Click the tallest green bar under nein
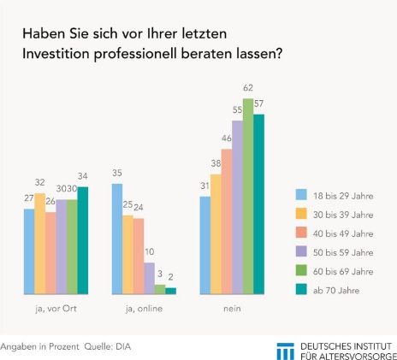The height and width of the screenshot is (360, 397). coord(248,197)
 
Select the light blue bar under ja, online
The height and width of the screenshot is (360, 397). coord(117,239)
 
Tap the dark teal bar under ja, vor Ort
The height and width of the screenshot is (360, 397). coord(83,240)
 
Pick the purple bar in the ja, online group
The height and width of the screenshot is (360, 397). coord(149,279)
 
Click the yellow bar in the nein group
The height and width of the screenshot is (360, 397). coord(216,234)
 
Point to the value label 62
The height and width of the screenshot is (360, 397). coord(248,88)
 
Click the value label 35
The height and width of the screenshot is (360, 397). coord(117,173)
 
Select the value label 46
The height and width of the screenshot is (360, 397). coord(227,139)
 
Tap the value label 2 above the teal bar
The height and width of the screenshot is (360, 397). coord(170,277)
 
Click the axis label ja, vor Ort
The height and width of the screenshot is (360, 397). coord(56,309)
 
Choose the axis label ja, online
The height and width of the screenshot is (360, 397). coord(144,309)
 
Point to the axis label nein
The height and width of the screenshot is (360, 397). coord(232,309)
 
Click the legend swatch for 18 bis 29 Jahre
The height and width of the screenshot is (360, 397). coord(301,195)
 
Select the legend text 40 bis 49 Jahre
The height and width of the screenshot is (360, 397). coord(343,233)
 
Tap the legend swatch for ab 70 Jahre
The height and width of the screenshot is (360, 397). coord(301,289)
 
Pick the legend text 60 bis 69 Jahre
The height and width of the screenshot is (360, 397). coord(343,271)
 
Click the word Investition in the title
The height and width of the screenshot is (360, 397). coord(56,53)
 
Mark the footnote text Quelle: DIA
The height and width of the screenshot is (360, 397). coord(108,346)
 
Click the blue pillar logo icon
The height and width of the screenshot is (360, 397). coord(285,351)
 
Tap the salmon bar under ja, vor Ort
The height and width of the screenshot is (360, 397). coord(50,253)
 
